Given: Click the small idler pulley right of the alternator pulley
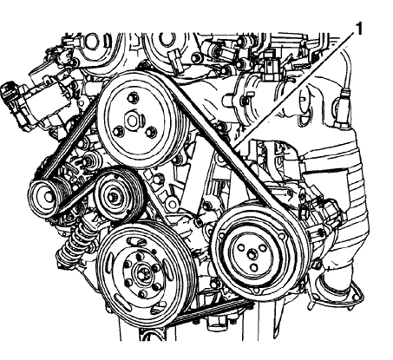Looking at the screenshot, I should (x=114, y=196).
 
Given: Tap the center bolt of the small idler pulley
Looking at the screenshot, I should (x=114, y=196).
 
